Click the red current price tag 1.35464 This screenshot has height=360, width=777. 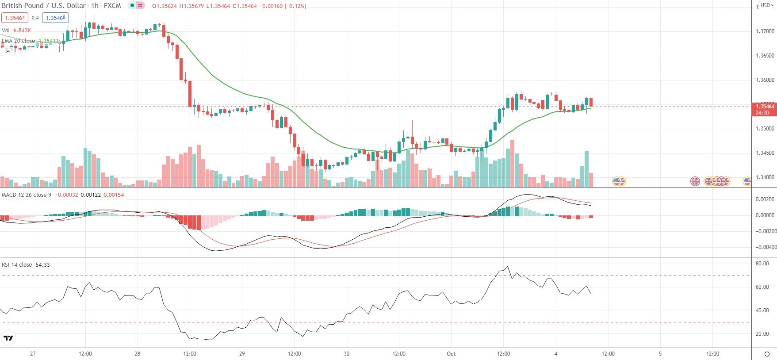point(765,107)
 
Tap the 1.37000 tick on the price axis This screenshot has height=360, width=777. point(765,31)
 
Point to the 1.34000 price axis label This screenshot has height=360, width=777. point(765,177)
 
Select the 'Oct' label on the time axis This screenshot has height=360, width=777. point(451,354)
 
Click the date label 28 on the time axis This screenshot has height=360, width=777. point(138,354)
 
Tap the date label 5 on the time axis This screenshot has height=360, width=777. point(660,354)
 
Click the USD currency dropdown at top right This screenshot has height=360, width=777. point(767,5)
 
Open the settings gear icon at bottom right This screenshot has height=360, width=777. point(767,354)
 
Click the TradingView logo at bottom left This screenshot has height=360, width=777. point(8,338)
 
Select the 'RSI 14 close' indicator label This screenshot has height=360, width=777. point(17,265)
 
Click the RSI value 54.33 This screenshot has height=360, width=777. point(42,265)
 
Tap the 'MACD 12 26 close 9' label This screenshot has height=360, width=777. point(27,195)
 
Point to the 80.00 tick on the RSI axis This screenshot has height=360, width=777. point(762,264)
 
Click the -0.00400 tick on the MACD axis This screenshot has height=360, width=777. point(765,247)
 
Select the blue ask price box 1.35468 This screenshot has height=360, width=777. point(56,18)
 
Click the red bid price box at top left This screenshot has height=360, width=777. point(15,18)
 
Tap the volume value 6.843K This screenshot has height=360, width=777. point(22,31)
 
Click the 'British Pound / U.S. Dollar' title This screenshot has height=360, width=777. point(44,6)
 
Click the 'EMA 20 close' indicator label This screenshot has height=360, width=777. point(19,41)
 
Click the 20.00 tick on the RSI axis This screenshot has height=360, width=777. point(762,334)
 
